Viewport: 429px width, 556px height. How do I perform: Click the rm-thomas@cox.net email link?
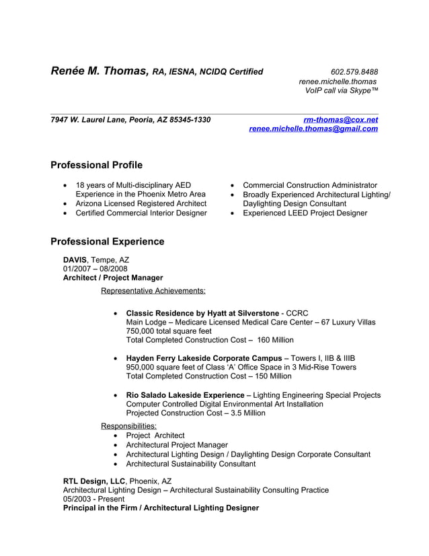click(x=340, y=120)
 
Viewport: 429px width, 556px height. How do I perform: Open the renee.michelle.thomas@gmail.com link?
click(x=313, y=129)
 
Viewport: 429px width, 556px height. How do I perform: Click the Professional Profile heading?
click(x=96, y=165)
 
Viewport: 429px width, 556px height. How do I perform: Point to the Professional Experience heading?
click(x=107, y=241)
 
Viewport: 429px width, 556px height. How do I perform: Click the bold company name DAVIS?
click(x=75, y=259)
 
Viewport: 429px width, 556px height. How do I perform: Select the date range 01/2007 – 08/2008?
click(x=95, y=269)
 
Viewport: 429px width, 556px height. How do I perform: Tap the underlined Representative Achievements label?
click(x=153, y=291)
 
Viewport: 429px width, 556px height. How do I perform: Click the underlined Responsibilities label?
click(x=128, y=425)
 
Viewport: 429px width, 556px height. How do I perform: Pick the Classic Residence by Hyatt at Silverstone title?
click(x=202, y=313)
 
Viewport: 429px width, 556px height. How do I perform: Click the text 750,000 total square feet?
click(x=169, y=331)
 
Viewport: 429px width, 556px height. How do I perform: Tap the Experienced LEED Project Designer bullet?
click(x=305, y=213)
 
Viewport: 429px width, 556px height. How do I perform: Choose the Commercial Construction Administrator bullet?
click(x=309, y=185)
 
